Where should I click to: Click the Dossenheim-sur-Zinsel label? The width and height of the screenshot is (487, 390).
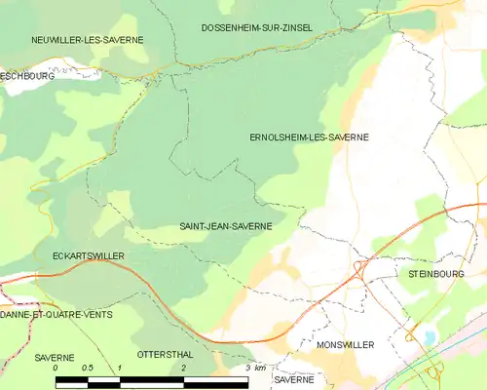[x=256, y=28]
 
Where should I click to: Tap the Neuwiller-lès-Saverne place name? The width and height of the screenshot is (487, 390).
[x=87, y=40]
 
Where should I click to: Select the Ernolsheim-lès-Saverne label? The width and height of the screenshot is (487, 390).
[x=310, y=137]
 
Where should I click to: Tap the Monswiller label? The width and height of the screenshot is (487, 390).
[x=346, y=345]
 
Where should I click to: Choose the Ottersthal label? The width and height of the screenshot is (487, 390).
[x=161, y=355]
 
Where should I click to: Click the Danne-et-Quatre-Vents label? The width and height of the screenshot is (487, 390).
[x=56, y=315]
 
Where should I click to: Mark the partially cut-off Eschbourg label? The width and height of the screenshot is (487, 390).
[x=26, y=74]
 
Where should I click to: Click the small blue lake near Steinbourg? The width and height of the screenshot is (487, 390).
[x=429, y=337]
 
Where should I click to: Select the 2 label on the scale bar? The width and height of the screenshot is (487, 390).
[x=183, y=368]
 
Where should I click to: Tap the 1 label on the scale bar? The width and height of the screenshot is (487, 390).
[x=119, y=368]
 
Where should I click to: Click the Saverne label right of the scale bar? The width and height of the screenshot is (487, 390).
[x=292, y=379]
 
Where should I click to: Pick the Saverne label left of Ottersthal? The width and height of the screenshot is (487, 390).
[x=55, y=358]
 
